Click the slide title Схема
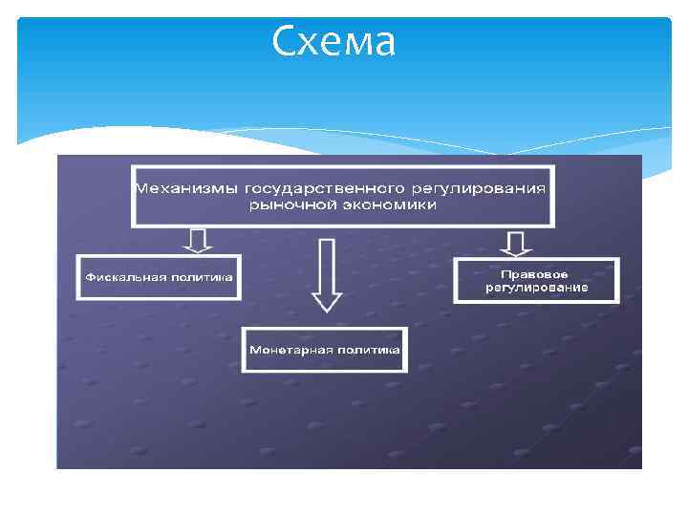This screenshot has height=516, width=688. click(x=333, y=42)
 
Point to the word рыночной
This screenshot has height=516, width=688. click(x=290, y=204)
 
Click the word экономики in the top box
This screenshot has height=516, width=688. click(x=388, y=204)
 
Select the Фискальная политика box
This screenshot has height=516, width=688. click(x=159, y=277)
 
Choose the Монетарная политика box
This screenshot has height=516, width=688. click(x=325, y=350)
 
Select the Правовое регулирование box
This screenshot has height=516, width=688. click(x=536, y=280)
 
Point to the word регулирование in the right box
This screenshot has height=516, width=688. click(x=536, y=288)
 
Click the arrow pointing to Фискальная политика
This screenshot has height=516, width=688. click(x=198, y=240)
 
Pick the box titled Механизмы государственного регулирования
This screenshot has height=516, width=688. click(x=341, y=196)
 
